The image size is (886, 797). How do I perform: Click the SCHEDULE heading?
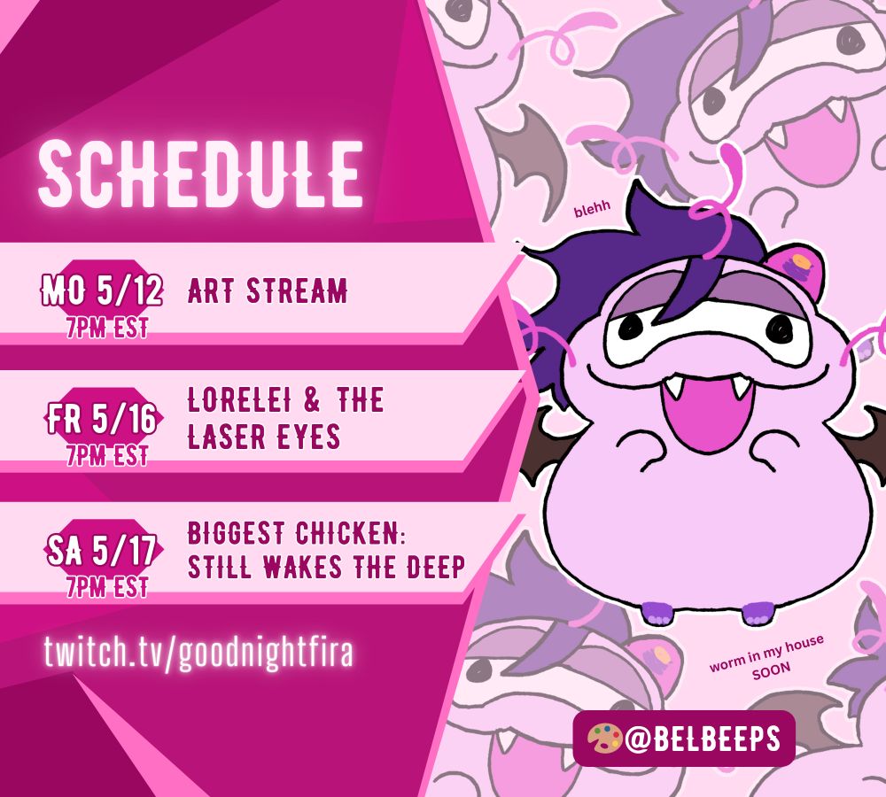pos(200,174)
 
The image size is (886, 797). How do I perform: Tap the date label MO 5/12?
pos(102,290)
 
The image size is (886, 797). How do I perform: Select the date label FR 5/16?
pos(102,419)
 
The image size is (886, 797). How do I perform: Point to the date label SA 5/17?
pos(102,550)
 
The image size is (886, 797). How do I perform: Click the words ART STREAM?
pos(268,290)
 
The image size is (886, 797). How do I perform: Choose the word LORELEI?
pos(239,400)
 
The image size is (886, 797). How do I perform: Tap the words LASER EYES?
pos(264,437)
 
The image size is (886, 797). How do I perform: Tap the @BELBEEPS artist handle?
pos(703,739)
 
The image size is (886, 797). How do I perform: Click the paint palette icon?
pos(604,739)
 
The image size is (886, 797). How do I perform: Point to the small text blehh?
pos(592,208)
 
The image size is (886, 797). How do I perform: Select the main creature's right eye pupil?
pos(782,328)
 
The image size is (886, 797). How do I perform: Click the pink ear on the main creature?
pos(794,270)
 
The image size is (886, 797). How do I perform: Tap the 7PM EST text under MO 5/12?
pos(107,328)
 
